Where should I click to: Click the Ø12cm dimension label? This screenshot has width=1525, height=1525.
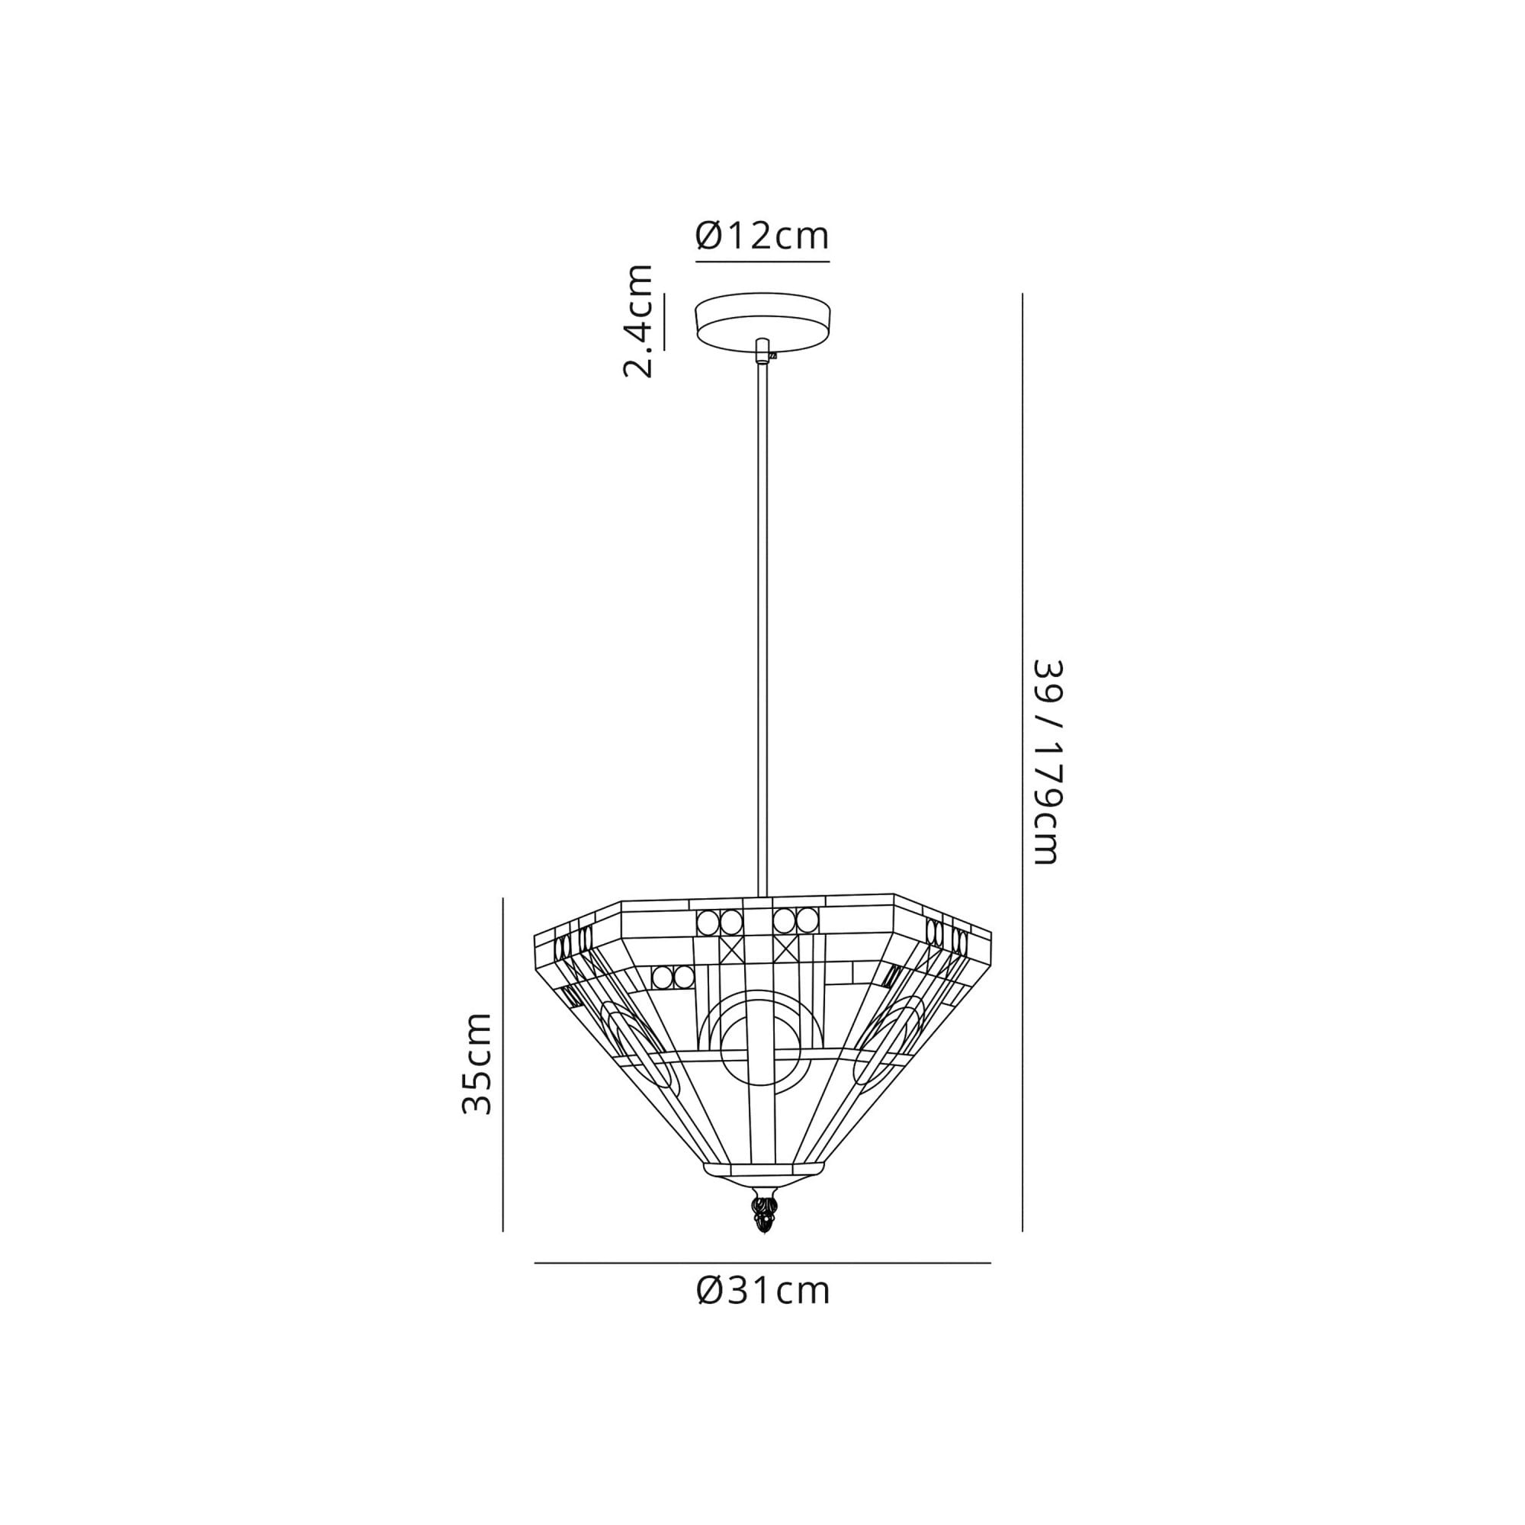click(762, 236)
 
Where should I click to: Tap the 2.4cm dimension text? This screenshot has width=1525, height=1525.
click(638, 321)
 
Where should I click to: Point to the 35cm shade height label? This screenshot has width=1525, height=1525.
click(477, 1063)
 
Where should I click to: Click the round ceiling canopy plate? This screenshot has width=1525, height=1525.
click(762, 320)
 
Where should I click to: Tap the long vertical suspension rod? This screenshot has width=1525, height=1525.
click(762, 631)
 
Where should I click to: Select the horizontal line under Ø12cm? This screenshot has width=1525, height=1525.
click(762, 261)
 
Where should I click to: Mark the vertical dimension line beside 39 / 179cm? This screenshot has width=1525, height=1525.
click(1023, 762)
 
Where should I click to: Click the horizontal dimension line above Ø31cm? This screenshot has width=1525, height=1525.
click(762, 1263)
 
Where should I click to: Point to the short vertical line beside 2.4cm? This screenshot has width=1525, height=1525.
click(664, 321)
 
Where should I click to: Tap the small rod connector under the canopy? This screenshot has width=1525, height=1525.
click(762, 350)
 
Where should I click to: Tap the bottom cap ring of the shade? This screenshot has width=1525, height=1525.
click(762, 1190)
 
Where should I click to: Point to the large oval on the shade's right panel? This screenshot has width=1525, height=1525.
click(888, 1041)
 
